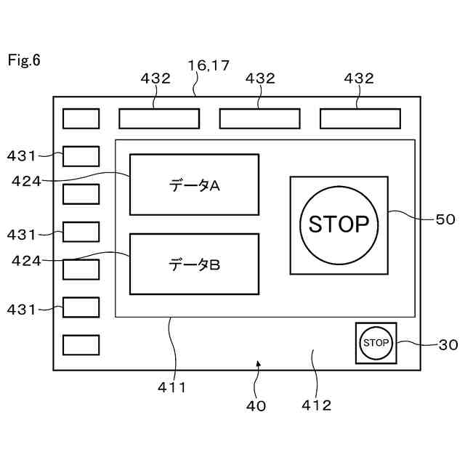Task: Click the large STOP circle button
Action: [339, 225]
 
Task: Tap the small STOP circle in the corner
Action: [376, 342]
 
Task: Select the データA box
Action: [194, 185]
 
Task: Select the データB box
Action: [194, 264]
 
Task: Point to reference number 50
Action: [445, 219]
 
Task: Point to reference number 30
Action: [448, 346]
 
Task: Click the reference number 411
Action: [172, 387]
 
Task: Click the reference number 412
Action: [317, 405]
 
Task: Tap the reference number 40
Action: [256, 405]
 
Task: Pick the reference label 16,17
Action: [209, 65]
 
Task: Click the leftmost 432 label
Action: [155, 78]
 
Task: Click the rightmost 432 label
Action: [359, 78]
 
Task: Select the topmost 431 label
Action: [21, 155]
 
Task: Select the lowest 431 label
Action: [21, 309]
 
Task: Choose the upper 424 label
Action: [26, 181]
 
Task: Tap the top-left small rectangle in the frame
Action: [81, 118]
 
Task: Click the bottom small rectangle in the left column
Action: [81, 344]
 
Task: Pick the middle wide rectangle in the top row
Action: [259, 118]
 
